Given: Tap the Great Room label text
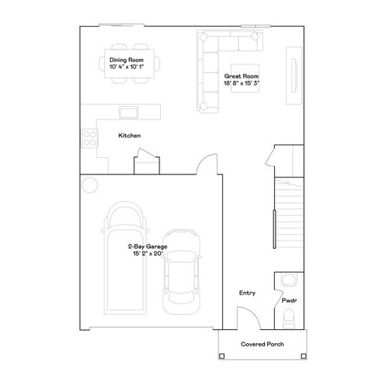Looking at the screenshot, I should point(242,75).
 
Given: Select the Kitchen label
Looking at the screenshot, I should point(129,136).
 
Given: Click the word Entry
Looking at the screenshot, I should point(247,293).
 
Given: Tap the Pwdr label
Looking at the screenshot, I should point(288,300).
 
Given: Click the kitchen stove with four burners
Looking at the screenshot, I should point(90,138).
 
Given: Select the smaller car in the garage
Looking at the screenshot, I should point(182,281).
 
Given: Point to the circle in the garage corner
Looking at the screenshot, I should point(89,185).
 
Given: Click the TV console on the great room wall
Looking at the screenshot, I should point(293,75).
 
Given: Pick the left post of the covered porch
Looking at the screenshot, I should point(220,357).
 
